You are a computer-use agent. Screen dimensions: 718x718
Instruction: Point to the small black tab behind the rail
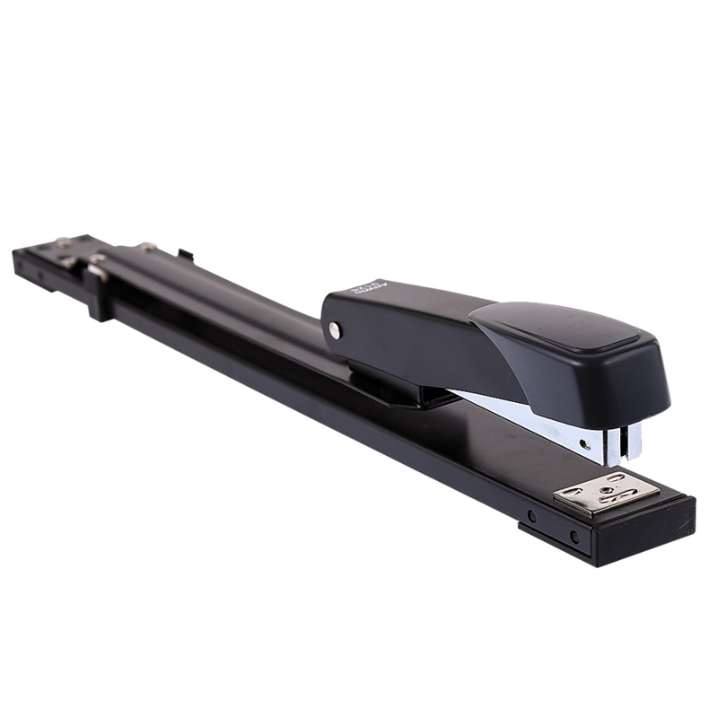tap(184, 257)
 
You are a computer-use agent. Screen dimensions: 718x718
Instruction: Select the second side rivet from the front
tap(531, 517)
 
